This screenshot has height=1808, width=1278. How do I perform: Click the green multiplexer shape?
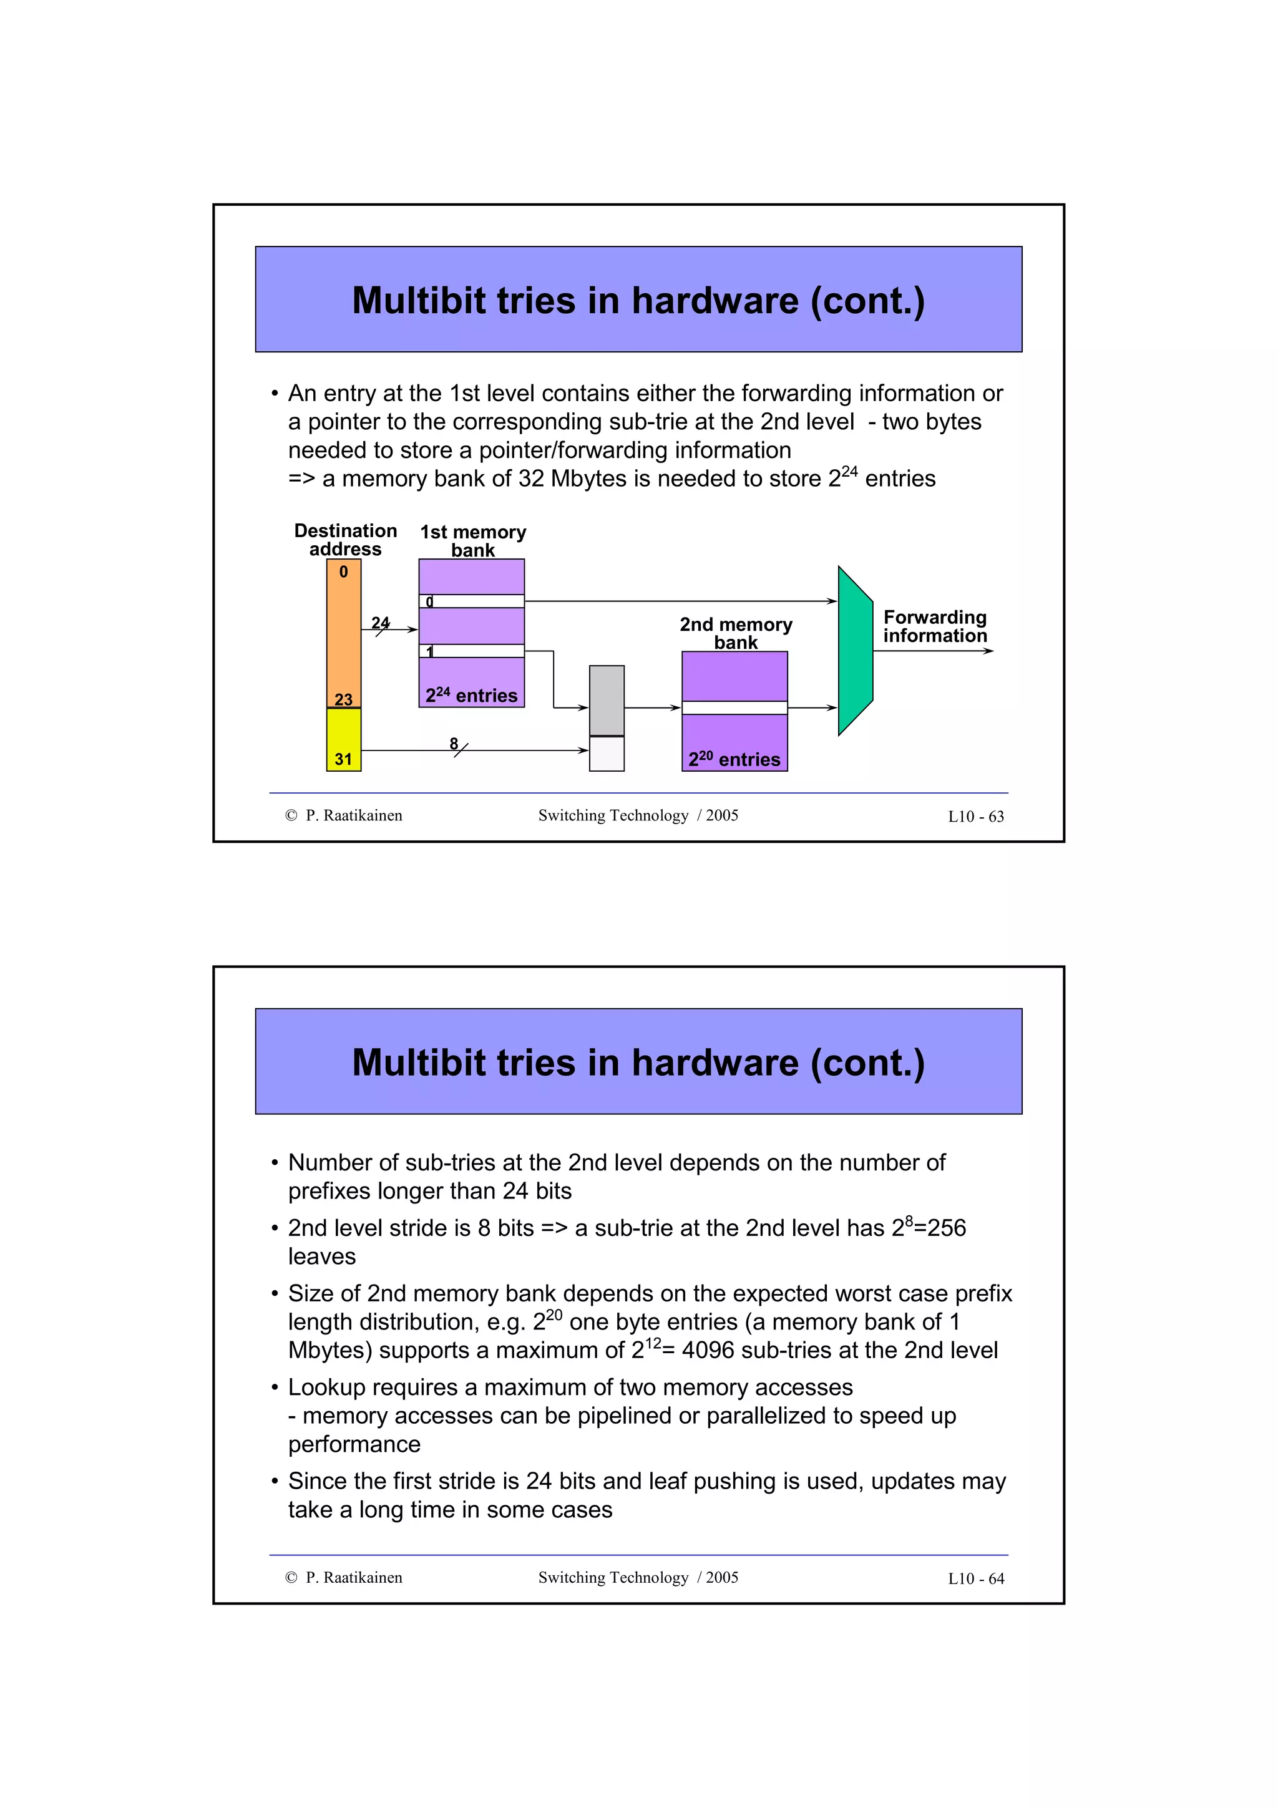854,651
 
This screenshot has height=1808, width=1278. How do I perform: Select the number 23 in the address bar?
343,699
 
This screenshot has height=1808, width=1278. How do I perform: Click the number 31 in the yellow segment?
343,759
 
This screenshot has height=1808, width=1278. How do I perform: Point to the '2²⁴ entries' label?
472,696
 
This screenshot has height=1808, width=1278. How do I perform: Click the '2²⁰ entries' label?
734,759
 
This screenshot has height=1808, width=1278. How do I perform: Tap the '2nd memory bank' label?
736,633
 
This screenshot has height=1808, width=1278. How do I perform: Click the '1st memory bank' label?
472,541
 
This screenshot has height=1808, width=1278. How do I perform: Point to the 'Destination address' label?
345,540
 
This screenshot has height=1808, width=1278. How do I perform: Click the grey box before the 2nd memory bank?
607,700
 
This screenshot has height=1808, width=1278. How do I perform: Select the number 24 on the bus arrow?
380,623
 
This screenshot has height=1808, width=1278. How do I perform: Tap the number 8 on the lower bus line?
454,744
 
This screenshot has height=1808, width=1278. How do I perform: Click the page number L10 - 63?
975,817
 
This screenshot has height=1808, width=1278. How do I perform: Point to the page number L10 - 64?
975,1578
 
